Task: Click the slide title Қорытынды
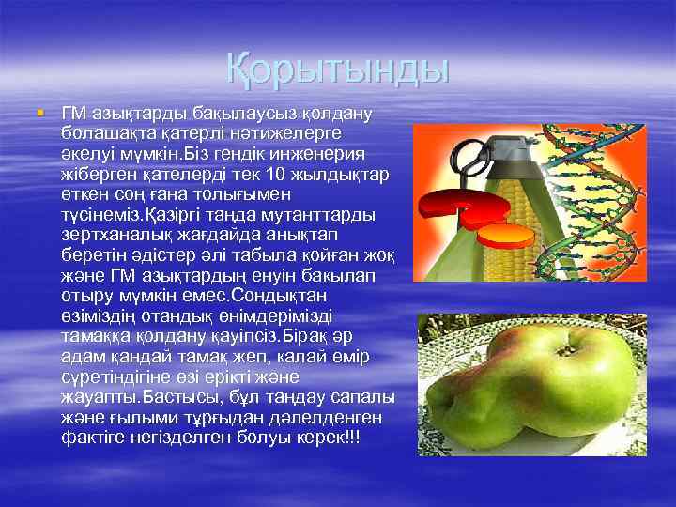[x=338, y=70]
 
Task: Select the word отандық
[x=162, y=316]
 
